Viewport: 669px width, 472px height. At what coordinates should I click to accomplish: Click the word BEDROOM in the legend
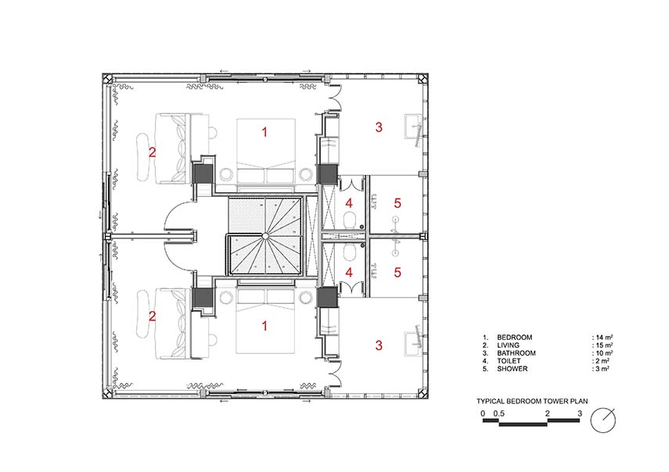click(514, 338)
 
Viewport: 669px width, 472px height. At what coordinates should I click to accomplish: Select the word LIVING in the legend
click(508, 345)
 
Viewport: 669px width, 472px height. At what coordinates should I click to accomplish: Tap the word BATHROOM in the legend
click(516, 353)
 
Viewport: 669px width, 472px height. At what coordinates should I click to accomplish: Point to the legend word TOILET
click(509, 361)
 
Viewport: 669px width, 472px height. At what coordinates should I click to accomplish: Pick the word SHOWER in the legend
click(512, 369)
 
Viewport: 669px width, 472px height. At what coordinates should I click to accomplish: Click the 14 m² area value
click(604, 338)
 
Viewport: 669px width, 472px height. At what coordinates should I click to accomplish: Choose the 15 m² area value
click(604, 345)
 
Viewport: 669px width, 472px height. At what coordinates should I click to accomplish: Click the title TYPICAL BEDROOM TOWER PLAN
click(531, 402)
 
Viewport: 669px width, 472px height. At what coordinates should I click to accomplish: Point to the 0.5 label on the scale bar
click(498, 413)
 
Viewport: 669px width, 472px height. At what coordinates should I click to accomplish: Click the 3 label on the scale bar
click(579, 413)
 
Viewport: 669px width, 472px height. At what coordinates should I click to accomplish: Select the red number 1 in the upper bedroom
click(264, 132)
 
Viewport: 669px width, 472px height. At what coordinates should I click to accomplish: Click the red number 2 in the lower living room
click(152, 316)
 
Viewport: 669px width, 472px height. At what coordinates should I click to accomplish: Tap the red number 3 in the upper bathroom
click(379, 127)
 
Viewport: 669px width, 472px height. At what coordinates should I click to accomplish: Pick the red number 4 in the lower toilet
click(349, 273)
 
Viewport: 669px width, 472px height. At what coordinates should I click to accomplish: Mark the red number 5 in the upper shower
click(397, 203)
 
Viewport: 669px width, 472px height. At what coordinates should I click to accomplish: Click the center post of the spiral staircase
click(265, 235)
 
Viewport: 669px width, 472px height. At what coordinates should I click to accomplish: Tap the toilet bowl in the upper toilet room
click(350, 220)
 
